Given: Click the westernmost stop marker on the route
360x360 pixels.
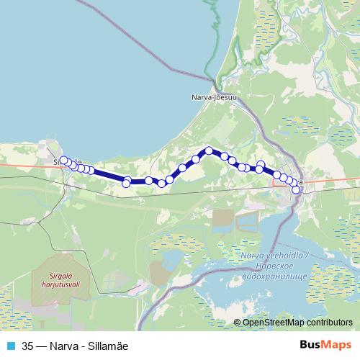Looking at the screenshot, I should pos(63,161).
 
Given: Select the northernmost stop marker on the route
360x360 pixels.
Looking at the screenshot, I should pos(209,151).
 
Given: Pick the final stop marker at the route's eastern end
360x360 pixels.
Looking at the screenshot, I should pos(295,190).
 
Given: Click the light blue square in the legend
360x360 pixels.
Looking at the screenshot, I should pos(10,345).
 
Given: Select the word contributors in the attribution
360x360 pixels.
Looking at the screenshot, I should pos(328,322).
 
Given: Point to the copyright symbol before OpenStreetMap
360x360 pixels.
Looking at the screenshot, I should pos(238,322).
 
